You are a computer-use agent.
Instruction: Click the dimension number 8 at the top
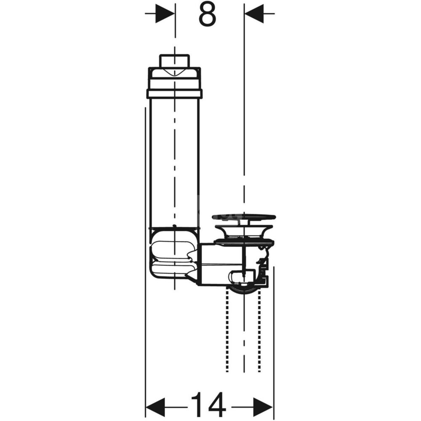[207, 15]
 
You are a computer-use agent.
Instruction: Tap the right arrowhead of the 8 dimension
[254, 13]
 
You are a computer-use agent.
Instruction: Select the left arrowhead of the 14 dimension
[155, 408]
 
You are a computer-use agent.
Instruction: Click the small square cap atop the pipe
[175, 61]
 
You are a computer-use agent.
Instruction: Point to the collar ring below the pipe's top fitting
[174, 94]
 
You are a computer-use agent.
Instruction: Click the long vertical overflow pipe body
[174, 163]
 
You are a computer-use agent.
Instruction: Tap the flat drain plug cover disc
[243, 217]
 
